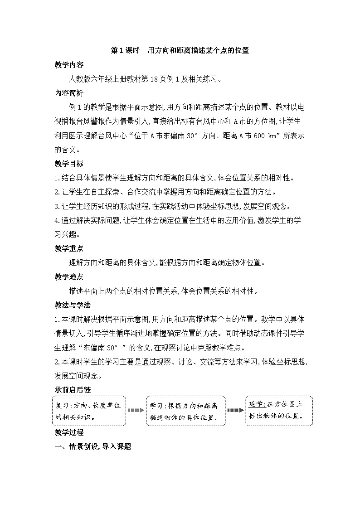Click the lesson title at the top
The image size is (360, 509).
pyautogui.click(x=180, y=51)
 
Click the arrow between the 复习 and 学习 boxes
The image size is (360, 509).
pyautogui.click(x=136, y=410)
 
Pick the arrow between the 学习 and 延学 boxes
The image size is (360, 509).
pyautogui.click(x=235, y=410)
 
